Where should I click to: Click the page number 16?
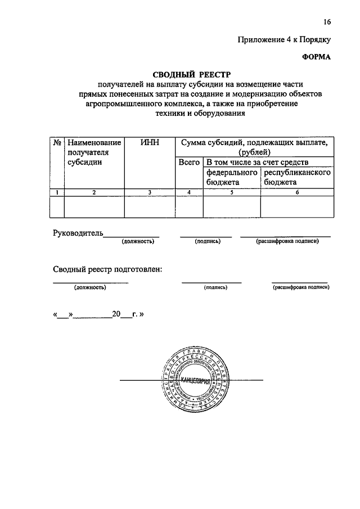click(x=327, y=22)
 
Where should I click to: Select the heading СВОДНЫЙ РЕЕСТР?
click(x=192, y=74)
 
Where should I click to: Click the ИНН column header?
click(x=150, y=143)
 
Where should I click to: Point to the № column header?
click(x=57, y=143)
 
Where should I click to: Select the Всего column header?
click(x=189, y=162)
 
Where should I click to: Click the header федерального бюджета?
click(x=232, y=177)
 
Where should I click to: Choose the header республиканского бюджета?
click(x=297, y=177)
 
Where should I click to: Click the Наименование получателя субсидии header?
click(x=93, y=152)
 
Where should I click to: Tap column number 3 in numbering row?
click(x=150, y=193)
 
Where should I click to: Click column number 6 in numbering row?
click(x=297, y=193)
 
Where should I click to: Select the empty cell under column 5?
click(x=232, y=206)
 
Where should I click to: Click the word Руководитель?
click(x=78, y=232)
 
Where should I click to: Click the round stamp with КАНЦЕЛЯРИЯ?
click(x=192, y=381)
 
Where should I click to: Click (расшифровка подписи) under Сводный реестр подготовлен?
click(x=300, y=287)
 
